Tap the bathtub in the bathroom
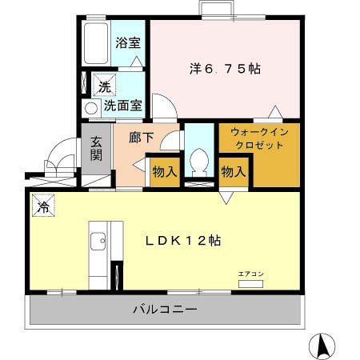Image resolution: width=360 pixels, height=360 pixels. (x=96, y=45)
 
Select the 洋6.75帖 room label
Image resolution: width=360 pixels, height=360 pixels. (x=225, y=69)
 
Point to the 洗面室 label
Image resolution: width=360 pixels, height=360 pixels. (x=122, y=105)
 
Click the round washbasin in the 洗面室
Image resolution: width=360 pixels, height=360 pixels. (x=90, y=106)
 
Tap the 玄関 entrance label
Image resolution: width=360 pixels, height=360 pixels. (x=96, y=148)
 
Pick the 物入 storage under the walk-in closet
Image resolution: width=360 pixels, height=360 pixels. (x=233, y=171)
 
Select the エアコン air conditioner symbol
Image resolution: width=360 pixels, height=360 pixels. (x=250, y=282)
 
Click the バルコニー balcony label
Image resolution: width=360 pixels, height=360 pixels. (x=165, y=309)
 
